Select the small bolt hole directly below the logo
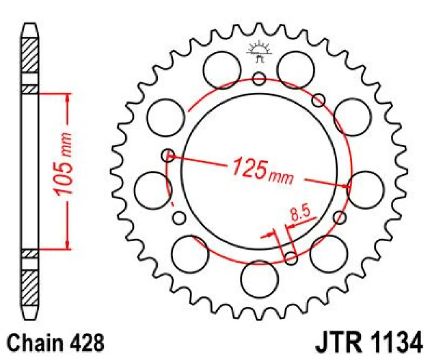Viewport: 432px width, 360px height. tap(259, 78)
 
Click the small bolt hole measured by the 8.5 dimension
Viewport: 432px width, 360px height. tap(291, 257)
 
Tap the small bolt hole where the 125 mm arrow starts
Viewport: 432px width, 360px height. tap(167, 156)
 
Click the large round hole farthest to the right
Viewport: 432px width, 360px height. tap(365, 190)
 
